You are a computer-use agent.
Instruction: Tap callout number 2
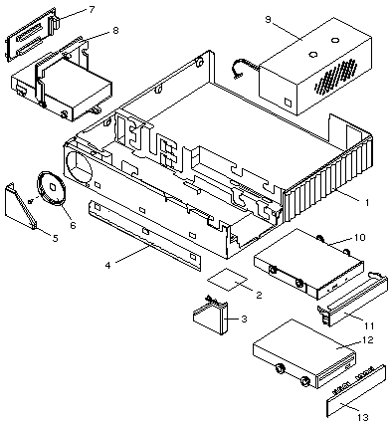tap(259, 295)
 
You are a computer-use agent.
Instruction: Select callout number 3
tap(244, 320)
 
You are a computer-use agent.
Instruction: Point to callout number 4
tap(107, 266)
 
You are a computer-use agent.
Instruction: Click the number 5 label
tap(56, 238)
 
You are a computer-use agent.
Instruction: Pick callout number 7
tap(92, 10)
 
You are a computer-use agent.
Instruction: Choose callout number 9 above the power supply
tap(268, 20)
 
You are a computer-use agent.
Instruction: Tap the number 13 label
tap(362, 417)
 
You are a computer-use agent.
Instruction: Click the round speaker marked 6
tap(50, 188)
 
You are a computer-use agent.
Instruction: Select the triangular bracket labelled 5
tap(21, 206)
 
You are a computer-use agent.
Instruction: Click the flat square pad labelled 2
tap(228, 280)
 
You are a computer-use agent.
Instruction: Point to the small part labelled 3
tap(211, 318)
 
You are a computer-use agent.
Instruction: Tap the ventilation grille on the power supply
tap(336, 77)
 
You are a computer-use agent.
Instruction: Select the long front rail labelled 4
tap(144, 235)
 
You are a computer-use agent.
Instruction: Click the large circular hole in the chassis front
tap(79, 167)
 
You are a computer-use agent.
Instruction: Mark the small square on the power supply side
tap(288, 103)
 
